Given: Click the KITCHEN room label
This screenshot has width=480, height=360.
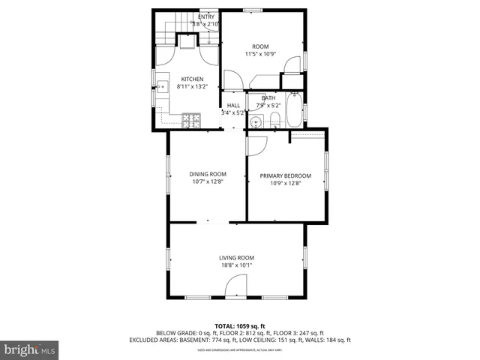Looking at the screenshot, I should coord(192,79).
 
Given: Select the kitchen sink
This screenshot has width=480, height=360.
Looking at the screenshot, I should coord(160,88).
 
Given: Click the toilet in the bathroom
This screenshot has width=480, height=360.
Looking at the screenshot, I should coord(275,121).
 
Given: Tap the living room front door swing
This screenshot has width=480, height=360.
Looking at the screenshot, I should coord(235,286).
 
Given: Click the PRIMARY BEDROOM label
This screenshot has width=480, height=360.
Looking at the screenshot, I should coord(285,176).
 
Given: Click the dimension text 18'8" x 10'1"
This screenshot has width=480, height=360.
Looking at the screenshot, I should coord(235,265).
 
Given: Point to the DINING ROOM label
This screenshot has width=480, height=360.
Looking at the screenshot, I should coord(207,174).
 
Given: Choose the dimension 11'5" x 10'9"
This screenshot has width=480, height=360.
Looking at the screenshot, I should coord(260,54).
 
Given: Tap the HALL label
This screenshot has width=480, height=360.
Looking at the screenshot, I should coord(233,106).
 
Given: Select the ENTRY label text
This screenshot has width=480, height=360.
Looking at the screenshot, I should coord(205,16).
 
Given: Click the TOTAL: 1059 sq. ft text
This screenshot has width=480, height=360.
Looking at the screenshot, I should coord(239,325).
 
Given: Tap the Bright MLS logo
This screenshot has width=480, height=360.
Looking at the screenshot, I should coord(29,349).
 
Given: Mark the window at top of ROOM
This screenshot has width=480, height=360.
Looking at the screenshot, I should coord(253,10).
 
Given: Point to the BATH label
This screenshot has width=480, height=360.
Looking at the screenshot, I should coord(268,98).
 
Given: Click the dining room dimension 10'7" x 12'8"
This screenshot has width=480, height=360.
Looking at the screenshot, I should coord(207,181).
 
